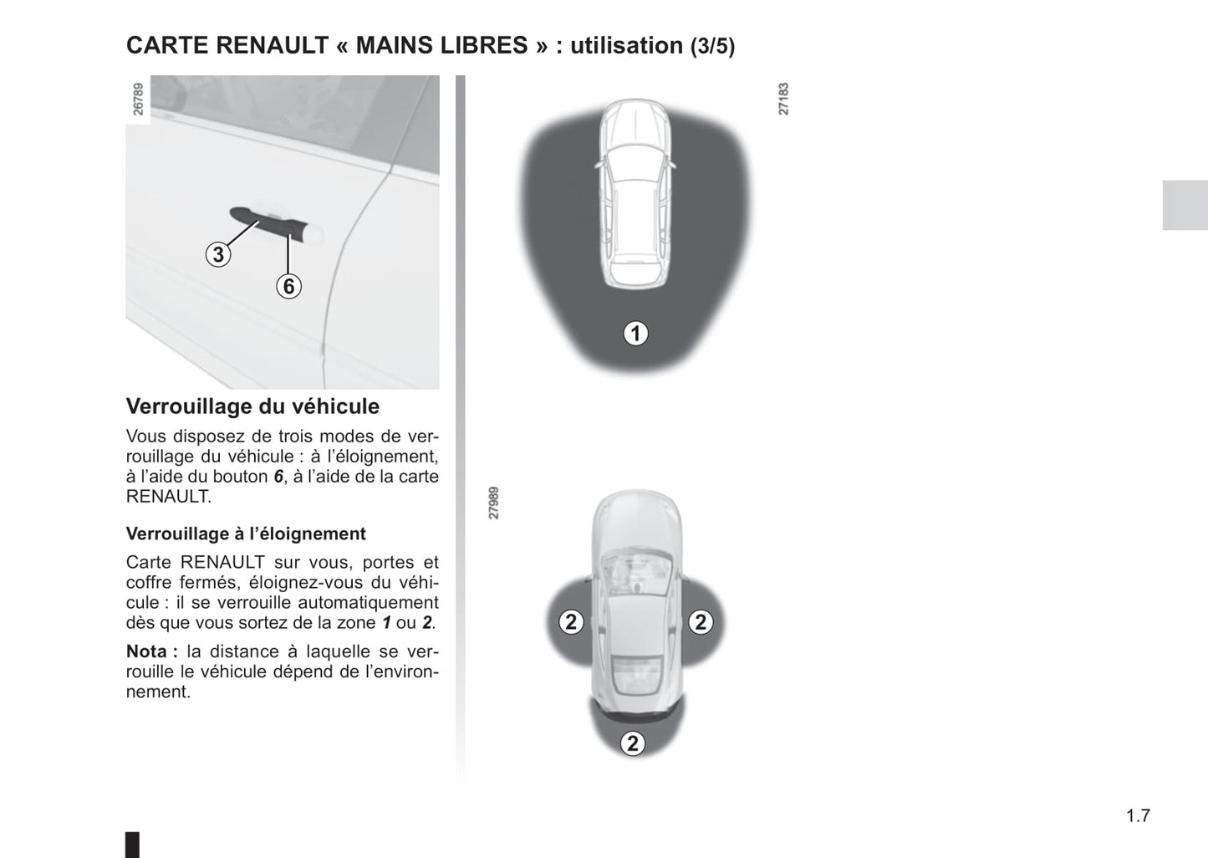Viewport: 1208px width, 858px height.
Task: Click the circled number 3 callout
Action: point(218,254)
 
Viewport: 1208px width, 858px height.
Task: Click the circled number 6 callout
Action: point(288,286)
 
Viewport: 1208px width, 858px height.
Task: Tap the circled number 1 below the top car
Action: point(635,334)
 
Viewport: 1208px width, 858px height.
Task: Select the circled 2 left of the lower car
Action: point(571,622)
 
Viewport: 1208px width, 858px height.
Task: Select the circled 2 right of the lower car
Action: point(701,622)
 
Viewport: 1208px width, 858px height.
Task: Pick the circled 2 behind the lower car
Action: point(633,743)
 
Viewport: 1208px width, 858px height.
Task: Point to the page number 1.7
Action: point(1138,816)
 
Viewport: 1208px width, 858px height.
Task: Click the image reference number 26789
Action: point(139,99)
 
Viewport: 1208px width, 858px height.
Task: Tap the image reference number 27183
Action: point(783,99)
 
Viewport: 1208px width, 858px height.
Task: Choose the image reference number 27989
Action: point(494,503)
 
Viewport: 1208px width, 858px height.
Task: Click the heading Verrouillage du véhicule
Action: point(252,406)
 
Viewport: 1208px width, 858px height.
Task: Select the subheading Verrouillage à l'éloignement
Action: point(246,534)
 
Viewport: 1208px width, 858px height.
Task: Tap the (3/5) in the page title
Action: point(712,46)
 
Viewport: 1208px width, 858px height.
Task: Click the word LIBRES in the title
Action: point(486,45)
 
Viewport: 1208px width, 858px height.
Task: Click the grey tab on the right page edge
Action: point(1185,205)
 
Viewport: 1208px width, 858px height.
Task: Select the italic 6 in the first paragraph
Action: point(278,477)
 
